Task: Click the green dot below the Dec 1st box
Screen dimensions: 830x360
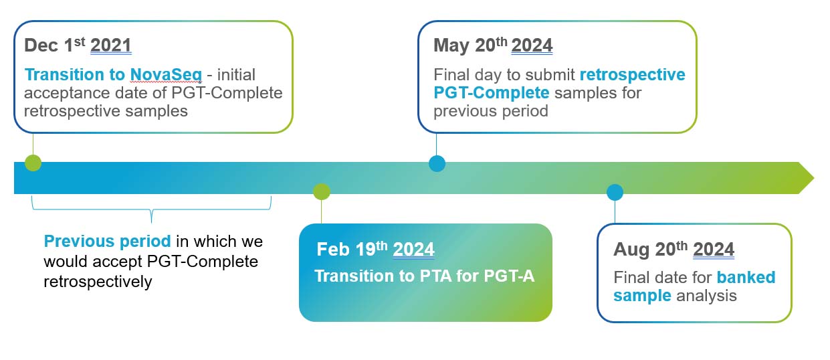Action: (x=33, y=163)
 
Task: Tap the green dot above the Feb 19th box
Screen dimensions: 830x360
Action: (x=321, y=191)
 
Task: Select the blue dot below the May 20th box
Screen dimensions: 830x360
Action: (x=437, y=163)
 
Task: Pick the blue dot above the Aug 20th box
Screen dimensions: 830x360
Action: (x=615, y=193)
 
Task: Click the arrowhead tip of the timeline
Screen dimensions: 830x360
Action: (x=814, y=178)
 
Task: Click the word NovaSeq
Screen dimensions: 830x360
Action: (x=166, y=75)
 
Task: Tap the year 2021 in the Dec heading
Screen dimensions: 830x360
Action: (x=111, y=46)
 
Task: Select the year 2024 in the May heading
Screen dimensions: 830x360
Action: (x=532, y=46)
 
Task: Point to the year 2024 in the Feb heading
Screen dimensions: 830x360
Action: (x=413, y=249)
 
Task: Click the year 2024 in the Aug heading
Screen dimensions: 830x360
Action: (x=713, y=249)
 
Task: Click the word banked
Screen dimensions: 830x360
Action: (x=746, y=277)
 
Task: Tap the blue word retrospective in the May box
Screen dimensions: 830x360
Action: (x=633, y=75)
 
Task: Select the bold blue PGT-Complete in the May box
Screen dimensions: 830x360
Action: (x=492, y=93)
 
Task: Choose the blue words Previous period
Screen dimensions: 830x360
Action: (x=108, y=242)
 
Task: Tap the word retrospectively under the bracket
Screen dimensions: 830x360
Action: (x=98, y=282)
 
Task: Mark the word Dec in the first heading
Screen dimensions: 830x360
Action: (x=41, y=46)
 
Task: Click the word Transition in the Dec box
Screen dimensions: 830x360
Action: (x=64, y=75)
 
